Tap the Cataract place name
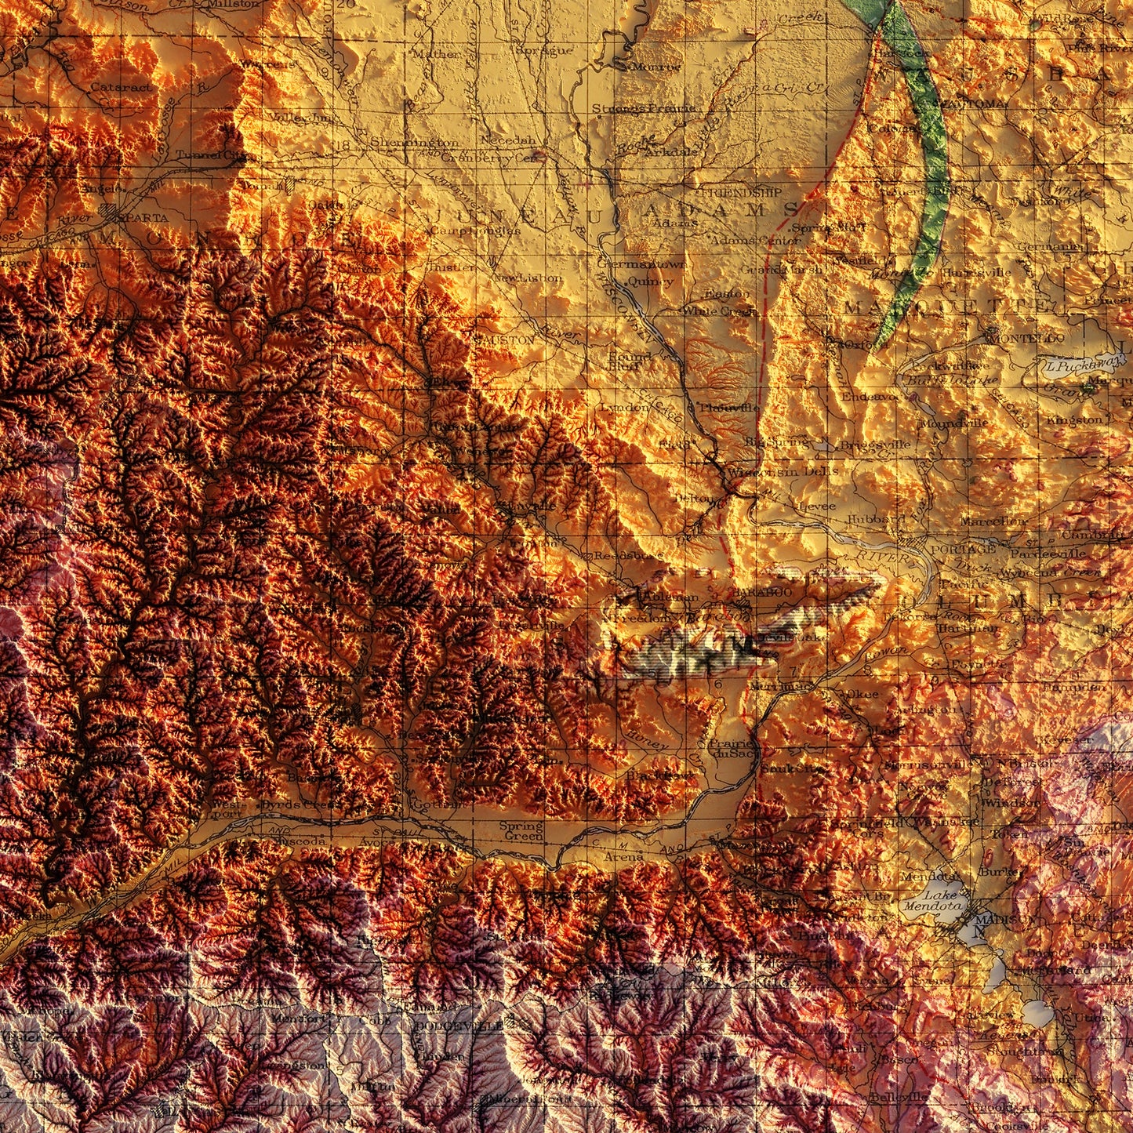[x=122, y=87]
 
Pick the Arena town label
[x=624, y=856]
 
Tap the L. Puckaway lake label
[x=1072, y=366]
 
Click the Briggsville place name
[x=875, y=445]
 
